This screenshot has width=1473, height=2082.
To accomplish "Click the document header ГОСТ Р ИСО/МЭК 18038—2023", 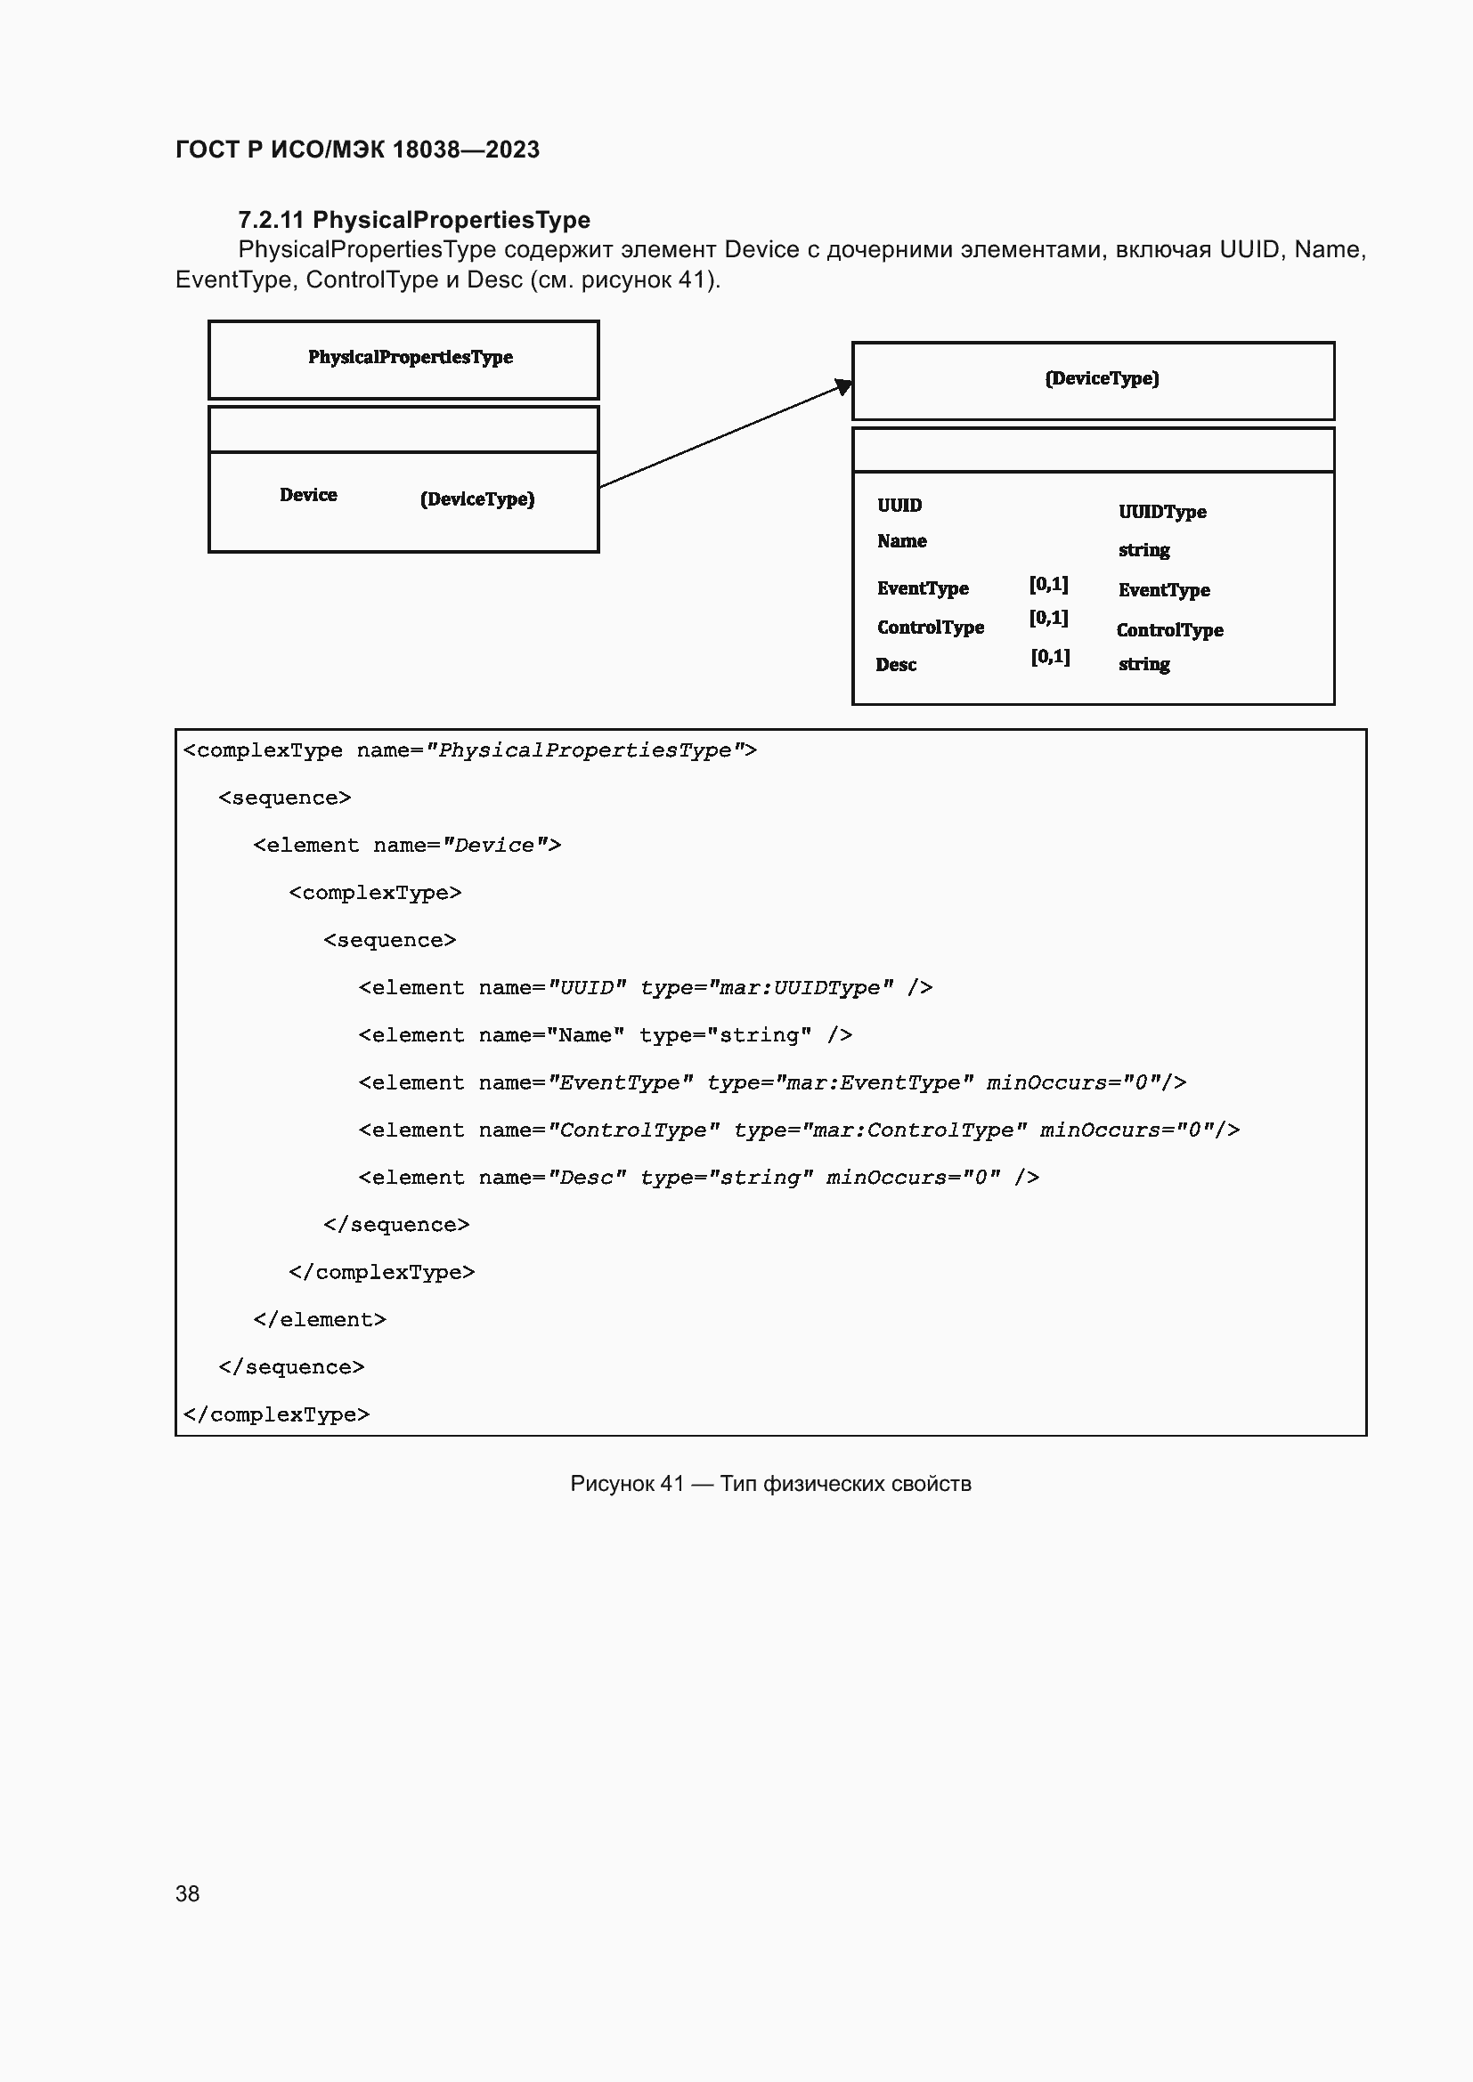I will coord(357,150).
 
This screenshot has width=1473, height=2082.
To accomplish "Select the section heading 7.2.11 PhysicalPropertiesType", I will coord(413,220).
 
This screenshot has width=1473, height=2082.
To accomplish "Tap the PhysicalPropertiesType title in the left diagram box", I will coord(410,357).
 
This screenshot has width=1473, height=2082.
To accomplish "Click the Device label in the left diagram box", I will coord(308,495).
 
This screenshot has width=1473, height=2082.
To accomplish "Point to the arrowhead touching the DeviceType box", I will coord(843,386).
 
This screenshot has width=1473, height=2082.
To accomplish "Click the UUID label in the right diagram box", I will coord(899,506).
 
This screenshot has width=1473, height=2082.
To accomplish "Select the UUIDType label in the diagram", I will coord(1162,513).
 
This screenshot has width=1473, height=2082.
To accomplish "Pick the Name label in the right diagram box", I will coord(901,541).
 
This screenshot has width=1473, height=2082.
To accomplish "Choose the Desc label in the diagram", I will coord(896,665).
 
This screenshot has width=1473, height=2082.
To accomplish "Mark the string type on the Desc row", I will coord(1143,665).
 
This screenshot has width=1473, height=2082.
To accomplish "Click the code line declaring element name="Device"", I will coord(407,845).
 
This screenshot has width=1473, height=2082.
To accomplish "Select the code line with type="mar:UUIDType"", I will coord(645,987).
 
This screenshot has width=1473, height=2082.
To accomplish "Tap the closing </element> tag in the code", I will coord(320,1319).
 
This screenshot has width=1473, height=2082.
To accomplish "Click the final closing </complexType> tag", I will coord(277,1414).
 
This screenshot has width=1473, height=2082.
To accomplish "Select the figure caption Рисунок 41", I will coord(770,1484).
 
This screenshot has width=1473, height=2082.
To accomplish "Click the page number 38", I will coord(188,1893).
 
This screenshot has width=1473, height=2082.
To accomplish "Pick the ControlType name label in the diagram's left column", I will coord(930,628).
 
